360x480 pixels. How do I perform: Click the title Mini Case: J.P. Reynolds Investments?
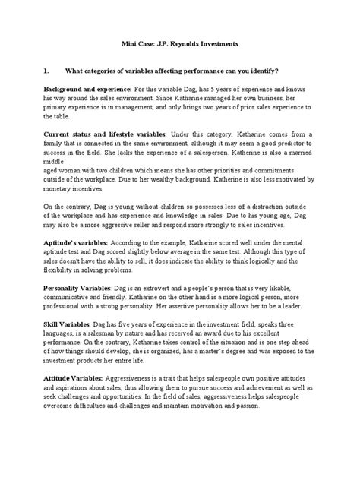pyautogui.click(x=179, y=45)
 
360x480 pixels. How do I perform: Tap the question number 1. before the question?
pyautogui.click(x=47, y=71)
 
